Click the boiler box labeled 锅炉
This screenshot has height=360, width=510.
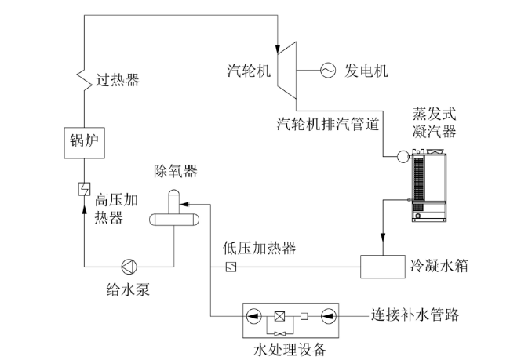(85, 143)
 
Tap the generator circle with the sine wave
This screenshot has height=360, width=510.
(328, 71)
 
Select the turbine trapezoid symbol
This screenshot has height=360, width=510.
(287, 70)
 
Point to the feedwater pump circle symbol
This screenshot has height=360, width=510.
(129, 267)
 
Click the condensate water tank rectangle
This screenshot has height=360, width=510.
(383, 267)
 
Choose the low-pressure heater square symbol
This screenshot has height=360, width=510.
(231, 267)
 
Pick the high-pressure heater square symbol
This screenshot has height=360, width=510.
(84, 189)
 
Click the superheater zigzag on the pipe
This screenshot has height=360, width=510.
(84, 79)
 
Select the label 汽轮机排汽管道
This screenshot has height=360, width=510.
(328, 124)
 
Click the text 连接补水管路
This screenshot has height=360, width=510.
(415, 315)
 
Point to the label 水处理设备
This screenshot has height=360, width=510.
(290, 350)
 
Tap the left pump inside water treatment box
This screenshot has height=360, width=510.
(254, 316)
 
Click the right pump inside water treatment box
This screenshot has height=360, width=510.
(329, 316)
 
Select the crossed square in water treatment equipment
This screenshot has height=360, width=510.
(279, 316)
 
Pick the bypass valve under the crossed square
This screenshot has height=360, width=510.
(280, 333)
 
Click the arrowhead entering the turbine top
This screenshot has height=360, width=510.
(278, 49)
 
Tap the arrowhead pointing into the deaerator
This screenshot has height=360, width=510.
(184, 204)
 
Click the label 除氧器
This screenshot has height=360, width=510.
(176, 170)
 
